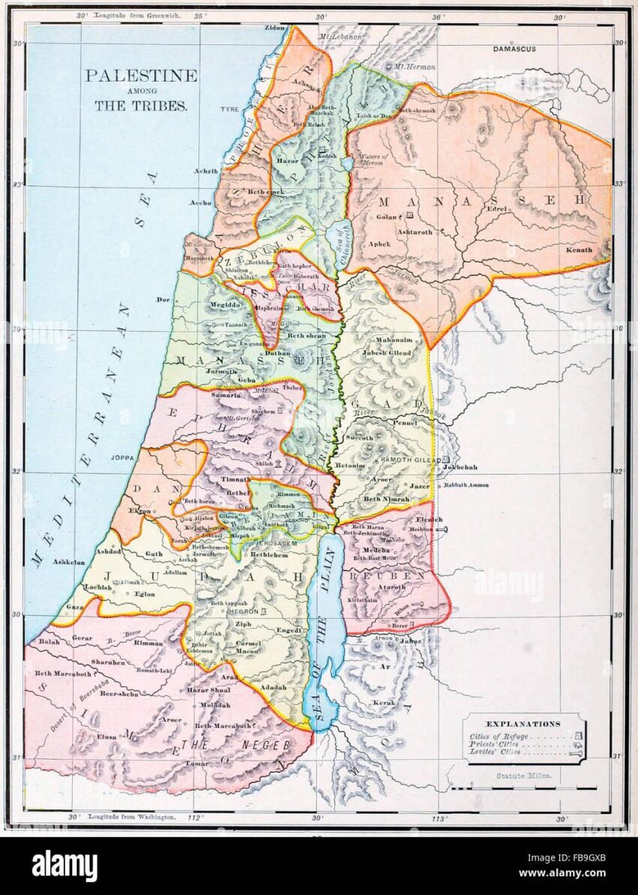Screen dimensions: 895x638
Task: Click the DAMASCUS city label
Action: click(x=514, y=49)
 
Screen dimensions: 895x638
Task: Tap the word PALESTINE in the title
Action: click(x=140, y=76)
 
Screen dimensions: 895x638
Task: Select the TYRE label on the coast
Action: click(x=229, y=110)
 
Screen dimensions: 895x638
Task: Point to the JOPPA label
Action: click(x=121, y=456)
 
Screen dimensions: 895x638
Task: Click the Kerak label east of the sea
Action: click(x=384, y=704)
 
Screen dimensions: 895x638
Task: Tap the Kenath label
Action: click(x=579, y=249)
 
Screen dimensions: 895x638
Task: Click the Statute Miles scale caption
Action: click(x=523, y=776)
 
